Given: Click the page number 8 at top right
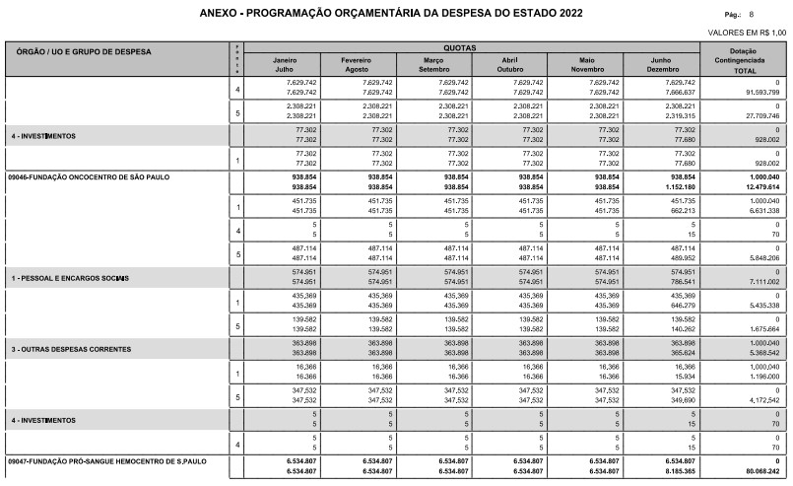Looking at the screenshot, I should (x=752, y=15).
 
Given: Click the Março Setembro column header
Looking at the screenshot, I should (x=433, y=65).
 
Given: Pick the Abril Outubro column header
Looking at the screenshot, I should (x=510, y=65).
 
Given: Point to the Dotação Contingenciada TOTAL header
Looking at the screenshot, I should (x=744, y=60).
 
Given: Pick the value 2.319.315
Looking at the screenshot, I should (x=677, y=115).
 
